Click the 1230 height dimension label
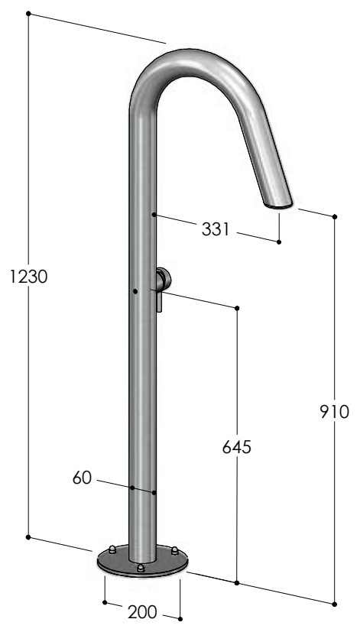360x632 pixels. coord(28,277)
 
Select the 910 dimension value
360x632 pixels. coord(334,412)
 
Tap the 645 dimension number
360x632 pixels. coord(237,447)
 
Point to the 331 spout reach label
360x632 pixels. coord(216,229)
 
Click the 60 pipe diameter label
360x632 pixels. coord(83,478)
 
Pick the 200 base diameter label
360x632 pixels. coord(142,612)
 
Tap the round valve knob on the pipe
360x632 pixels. coord(164,279)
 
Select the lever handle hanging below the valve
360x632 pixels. coord(160,300)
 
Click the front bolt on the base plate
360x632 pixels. coord(141,569)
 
